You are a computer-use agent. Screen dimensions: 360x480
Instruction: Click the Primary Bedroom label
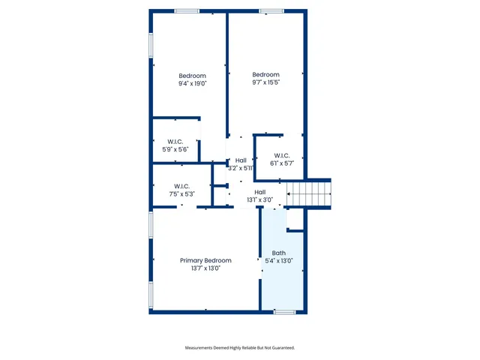205,260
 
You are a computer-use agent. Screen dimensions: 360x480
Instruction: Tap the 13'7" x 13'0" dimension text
205,268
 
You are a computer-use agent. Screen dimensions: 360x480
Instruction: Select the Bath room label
279,253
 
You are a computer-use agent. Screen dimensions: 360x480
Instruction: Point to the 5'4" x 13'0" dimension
279,260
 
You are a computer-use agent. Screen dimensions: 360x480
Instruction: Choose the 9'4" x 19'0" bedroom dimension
192,83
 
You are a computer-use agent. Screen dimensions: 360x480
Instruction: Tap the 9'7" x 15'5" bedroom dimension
265,82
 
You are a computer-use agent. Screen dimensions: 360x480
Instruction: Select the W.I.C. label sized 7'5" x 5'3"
181,186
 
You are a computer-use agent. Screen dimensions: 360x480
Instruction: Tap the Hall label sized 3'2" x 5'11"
241,160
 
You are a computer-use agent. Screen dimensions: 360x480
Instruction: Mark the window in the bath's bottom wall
284,311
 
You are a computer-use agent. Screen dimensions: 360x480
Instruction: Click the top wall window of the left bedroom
186,11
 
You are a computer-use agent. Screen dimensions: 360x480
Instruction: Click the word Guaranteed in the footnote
280,348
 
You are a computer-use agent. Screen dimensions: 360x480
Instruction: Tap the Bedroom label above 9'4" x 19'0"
192,76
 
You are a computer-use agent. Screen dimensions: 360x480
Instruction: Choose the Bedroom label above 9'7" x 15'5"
265,74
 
